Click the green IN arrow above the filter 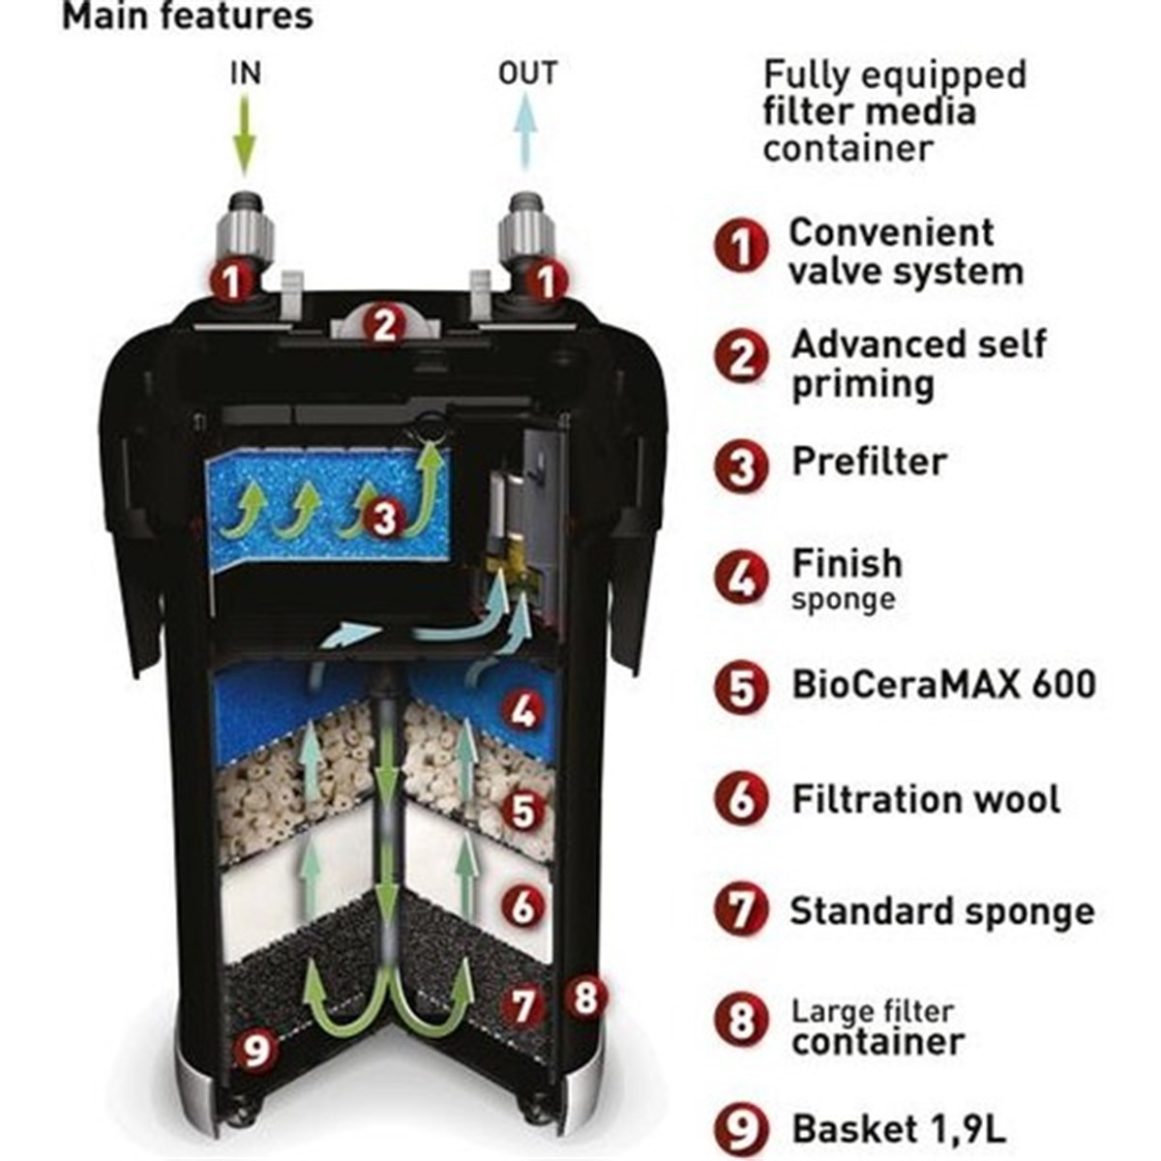(244, 136)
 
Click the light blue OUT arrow (526, 131)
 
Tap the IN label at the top (245, 74)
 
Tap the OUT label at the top (527, 73)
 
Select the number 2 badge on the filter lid (384, 326)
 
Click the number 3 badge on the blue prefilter (384, 517)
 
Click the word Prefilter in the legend (869, 461)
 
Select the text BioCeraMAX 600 (943, 684)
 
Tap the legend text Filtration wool (926, 799)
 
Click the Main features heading (188, 16)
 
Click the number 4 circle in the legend (742, 578)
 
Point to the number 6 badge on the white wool (522, 907)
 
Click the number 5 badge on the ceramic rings (522, 811)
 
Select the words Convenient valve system (907, 252)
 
